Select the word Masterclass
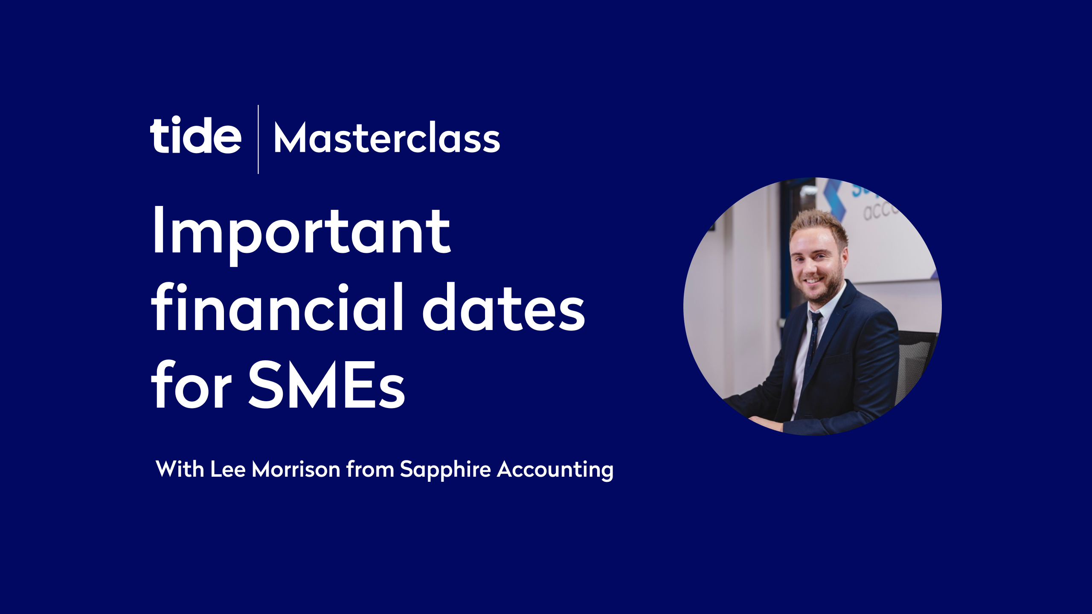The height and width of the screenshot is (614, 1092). tap(387, 138)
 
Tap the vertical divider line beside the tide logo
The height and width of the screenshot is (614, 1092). tap(258, 139)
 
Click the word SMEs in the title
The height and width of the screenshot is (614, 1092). tap(327, 384)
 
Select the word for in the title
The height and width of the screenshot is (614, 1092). tap(191, 384)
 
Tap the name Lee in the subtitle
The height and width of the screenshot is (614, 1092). tap(228, 469)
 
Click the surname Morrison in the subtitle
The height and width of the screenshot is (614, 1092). tap(296, 469)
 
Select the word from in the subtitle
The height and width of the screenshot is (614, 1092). tap(370, 469)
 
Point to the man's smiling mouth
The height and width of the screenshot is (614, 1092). tap(813, 281)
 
